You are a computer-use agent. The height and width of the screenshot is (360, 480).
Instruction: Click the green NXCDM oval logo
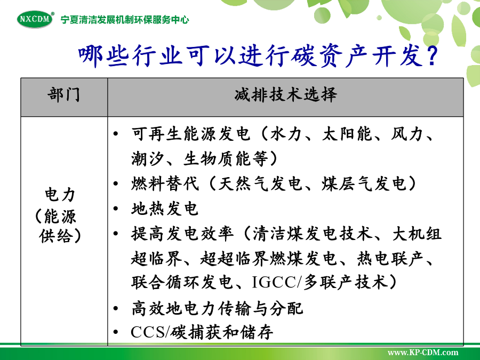(x=35, y=19)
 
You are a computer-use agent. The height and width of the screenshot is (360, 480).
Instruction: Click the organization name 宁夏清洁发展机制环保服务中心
(x=125, y=20)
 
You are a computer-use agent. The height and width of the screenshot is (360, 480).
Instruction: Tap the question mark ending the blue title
(x=432, y=56)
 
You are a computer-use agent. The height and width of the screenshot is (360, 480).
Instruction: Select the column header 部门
(x=63, y=94)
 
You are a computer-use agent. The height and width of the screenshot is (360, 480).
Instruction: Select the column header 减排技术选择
(x=286, y=94)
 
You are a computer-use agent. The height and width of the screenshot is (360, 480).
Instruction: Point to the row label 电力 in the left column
(x=60, y=195)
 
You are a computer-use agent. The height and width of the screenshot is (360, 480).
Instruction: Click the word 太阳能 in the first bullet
(x=347, y=134)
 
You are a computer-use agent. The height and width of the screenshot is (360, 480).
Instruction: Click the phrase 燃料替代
(x=165, y=184)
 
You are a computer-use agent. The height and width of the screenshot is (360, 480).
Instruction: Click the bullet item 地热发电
(x=165, y=209)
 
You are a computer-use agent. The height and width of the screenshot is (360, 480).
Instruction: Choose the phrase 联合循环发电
(x=182, y=282)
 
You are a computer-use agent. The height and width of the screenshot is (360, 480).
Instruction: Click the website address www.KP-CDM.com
(x=423, y=353)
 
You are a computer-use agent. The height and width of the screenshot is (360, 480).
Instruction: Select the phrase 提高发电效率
(x=182, y=234)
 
